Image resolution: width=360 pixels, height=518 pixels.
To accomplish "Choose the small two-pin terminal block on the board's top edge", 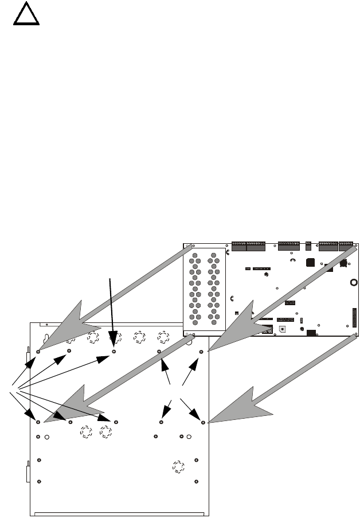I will click(308, 245).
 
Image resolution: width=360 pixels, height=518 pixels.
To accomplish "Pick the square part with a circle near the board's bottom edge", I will click(281, 329).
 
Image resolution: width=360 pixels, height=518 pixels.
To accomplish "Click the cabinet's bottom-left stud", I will click(38, 481).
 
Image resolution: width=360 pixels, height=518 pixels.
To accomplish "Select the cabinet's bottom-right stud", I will click(197, 481).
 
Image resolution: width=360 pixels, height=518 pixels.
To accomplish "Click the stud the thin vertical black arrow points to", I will click(114, 350).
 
